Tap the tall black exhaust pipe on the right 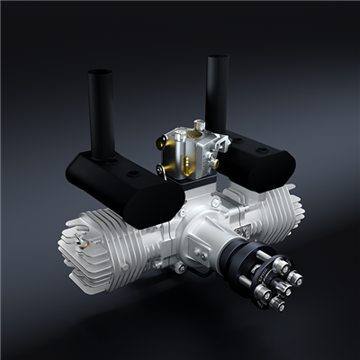click(218, 90)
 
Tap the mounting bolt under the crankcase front click(179, 267)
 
